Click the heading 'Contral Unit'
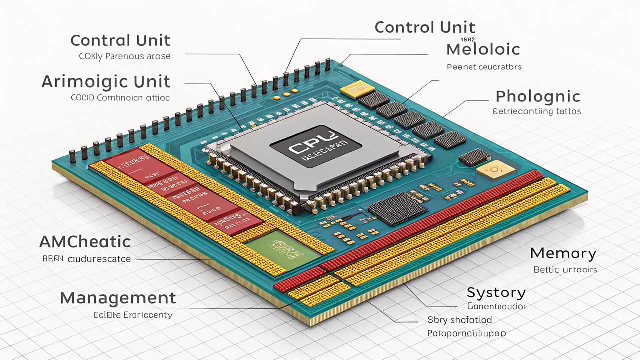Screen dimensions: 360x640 120,40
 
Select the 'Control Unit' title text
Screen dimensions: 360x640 425,27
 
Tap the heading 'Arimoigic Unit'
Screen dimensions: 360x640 106,81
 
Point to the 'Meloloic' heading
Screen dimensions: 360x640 483,49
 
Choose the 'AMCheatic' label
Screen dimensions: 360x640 85,242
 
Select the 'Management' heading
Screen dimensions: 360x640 118,298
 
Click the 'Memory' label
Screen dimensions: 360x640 563,253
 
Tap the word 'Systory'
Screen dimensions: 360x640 496,292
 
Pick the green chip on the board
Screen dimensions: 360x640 282,248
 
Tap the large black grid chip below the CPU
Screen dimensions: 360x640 397,208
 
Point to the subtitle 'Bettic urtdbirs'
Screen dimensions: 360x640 565,270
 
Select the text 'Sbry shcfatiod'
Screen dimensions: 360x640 459,320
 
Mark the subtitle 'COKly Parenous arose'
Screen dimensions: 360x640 124,56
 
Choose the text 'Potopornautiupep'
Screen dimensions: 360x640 466,333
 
